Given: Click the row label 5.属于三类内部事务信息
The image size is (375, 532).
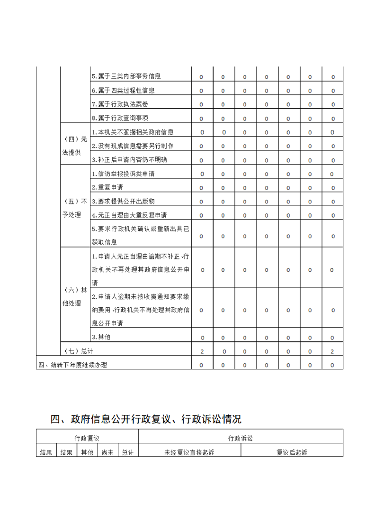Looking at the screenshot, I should tap(126, 76).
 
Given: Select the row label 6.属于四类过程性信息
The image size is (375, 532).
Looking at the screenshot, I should tap(123, 90).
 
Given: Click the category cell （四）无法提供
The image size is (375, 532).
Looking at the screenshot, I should tap(75, 146).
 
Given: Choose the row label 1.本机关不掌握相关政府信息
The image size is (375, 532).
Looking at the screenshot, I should tap(133, 132).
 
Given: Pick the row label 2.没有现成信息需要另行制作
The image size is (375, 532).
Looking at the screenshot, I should tap(133, 146).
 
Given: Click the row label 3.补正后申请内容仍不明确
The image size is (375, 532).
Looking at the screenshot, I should tap(133, 160).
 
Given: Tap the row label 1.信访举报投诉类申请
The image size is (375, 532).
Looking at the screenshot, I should tap(123, 174).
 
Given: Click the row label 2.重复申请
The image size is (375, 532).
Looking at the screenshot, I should tap(107, 187).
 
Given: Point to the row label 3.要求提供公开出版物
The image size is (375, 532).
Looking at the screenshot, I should tap(123, 201).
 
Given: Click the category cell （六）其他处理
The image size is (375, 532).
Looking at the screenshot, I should tap(75, 296).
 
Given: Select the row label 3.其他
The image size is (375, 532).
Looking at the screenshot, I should tap(101, 337).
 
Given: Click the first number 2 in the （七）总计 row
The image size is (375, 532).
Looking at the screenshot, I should tap(202, 351).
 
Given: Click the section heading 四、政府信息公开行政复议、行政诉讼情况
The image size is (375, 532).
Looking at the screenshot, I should tap(146, 419).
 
